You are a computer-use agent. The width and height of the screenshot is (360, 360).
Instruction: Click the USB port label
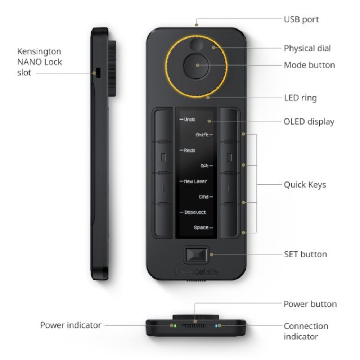[301, 19]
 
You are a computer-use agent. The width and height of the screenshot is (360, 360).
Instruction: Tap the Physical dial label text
[307, 49]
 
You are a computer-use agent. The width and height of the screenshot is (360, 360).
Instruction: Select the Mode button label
[310, 65]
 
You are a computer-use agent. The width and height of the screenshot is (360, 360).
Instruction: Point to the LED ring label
[300, 98]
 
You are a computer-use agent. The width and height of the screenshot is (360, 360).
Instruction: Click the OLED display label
[309, 122]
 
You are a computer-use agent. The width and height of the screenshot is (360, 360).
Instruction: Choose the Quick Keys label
[305, 185]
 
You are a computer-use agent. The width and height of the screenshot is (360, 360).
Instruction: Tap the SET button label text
[305, 255]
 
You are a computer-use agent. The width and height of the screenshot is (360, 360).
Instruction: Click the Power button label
[310, 304]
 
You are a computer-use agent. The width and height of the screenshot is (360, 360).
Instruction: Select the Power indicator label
[71, 325]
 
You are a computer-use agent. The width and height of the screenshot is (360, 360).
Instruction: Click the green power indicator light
[175, 325]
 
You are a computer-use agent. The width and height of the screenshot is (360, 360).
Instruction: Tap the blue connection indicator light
[216, 325]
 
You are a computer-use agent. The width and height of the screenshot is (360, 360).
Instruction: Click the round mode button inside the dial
[196, 66]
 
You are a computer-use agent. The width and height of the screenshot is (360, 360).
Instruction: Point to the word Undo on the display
[190, 120]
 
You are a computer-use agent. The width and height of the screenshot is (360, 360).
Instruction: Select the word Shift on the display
[202, 135]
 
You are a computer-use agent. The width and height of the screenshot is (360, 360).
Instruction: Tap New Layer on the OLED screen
[195, 181]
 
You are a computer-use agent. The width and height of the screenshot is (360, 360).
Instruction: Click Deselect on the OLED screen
[195, 212]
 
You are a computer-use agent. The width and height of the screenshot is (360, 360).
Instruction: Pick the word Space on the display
[201, 228]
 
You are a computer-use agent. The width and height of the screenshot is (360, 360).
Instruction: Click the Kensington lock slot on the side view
[98, 73]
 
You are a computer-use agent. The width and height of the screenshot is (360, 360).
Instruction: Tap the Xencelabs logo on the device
[196, 272]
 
